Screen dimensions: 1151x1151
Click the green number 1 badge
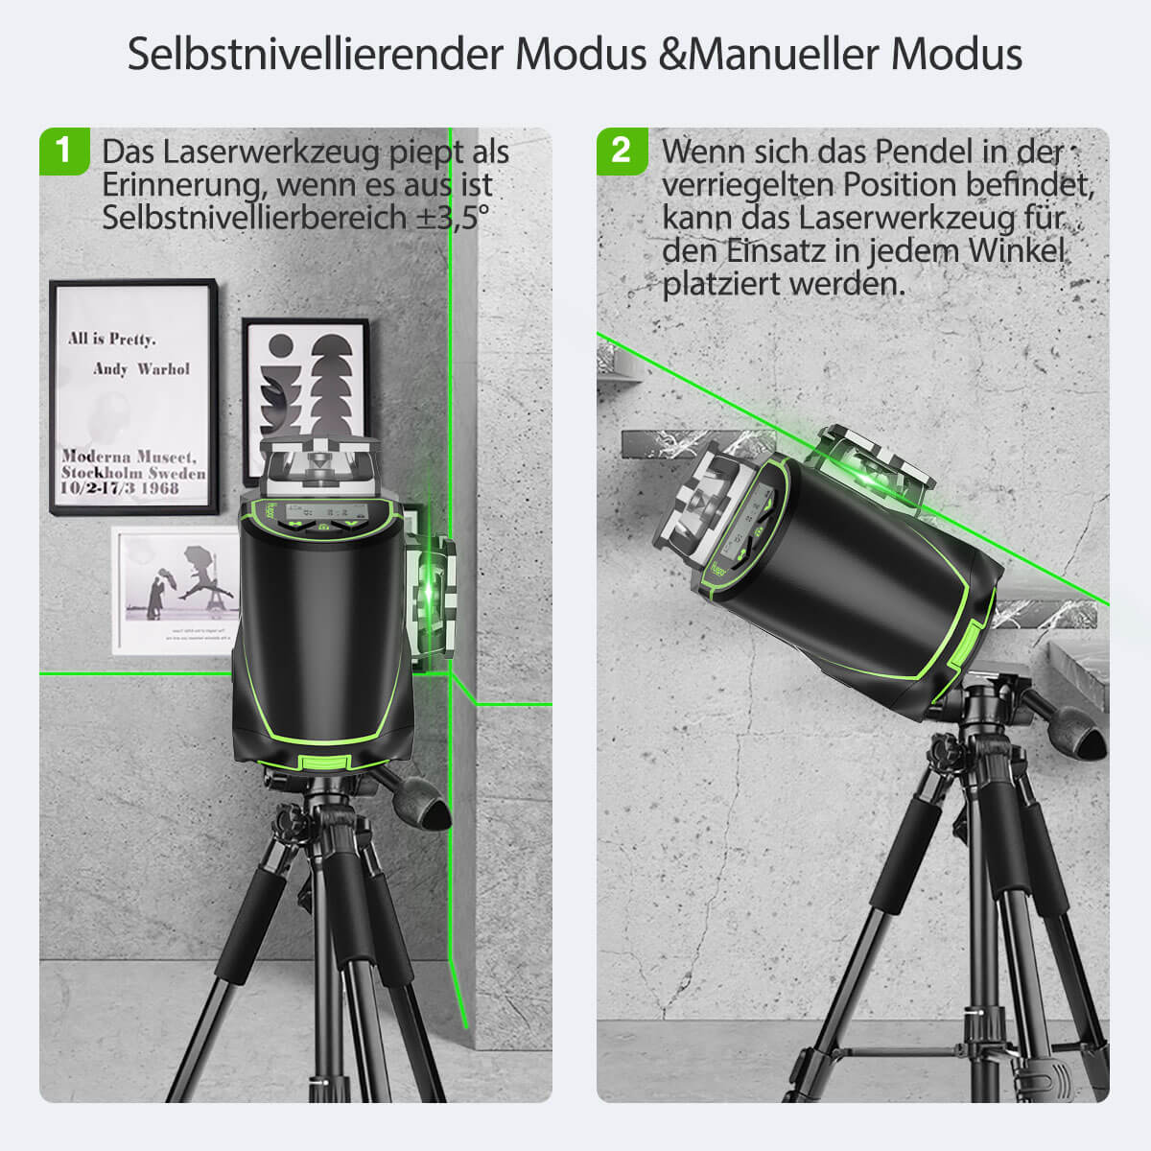click(64, 151)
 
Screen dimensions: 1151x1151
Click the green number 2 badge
click(622, 151)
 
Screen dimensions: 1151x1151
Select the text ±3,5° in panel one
click(451, 218)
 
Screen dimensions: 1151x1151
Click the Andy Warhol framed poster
click(133, 397)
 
